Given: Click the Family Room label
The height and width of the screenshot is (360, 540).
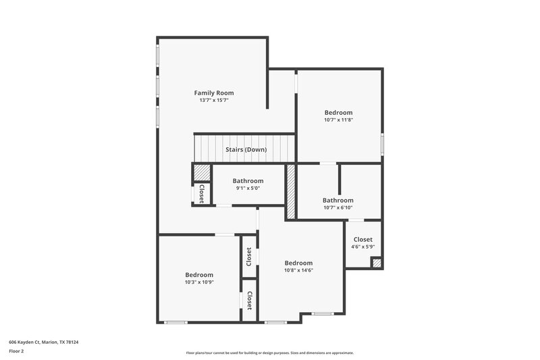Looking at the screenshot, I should click(x=214, y=93).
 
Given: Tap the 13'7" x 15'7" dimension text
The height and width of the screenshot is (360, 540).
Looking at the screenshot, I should click(x=214, y=100).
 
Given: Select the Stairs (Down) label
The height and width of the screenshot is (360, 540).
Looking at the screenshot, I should click(x=246, y=149).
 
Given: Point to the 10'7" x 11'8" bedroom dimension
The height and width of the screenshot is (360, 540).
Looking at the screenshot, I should click(x=338, y=120).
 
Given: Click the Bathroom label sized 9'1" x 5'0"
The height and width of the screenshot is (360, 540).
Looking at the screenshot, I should click(x=248, y=180).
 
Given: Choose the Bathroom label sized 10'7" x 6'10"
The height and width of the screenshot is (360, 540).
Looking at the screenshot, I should click(x=337, y=200).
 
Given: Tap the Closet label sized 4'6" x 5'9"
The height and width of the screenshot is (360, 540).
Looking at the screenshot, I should click(x=362, y=239).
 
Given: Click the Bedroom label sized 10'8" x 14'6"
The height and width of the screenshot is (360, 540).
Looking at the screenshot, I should click(x=298, y=263).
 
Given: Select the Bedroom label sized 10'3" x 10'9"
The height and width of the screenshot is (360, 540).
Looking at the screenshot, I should click(x=199, y=275).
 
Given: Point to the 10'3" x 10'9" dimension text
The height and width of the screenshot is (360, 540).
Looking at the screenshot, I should click(x=199, y=282).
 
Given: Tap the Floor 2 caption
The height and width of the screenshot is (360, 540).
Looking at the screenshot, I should click(x=16, y=351).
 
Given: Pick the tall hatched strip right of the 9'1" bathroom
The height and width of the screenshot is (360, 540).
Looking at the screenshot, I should click(x=291, y=191).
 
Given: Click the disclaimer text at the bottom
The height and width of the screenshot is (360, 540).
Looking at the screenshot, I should click(x=269, y=353).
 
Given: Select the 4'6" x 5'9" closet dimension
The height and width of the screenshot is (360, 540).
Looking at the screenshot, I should click(x=362, y=247).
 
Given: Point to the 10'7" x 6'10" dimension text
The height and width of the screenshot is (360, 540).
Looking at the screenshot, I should click(x=337, y=207).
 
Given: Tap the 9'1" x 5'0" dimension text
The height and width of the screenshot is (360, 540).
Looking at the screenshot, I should click(x=248, y=188).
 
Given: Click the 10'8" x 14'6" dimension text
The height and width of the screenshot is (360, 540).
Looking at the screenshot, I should click(x=298, y=270).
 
